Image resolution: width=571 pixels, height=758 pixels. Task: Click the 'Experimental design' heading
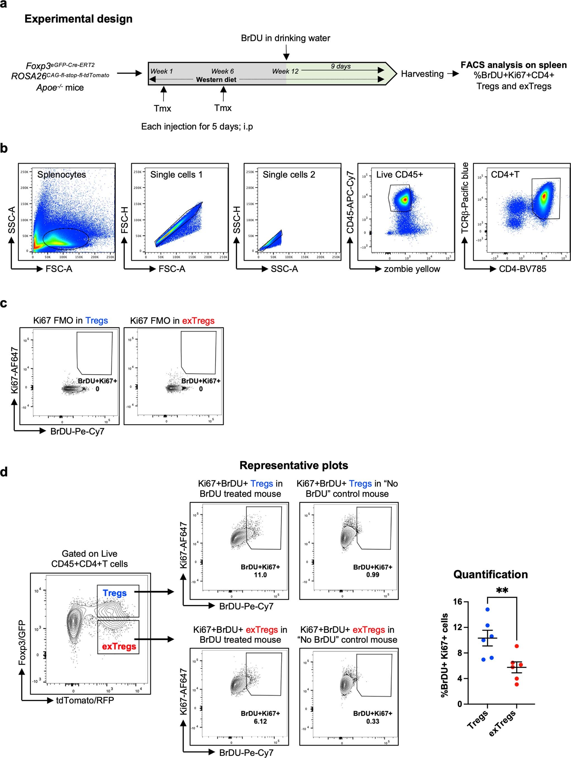coord(78,18)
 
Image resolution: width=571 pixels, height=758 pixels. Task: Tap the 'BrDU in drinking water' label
coord(285,38)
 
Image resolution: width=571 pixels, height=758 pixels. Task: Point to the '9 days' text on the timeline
coord(340,66)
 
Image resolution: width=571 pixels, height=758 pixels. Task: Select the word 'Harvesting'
coord(422,74)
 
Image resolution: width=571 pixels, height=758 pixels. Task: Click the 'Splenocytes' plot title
coord(62,174)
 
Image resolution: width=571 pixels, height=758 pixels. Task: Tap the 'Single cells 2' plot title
coord(289,174)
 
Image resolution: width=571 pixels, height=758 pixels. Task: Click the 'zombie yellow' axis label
coord(412,269)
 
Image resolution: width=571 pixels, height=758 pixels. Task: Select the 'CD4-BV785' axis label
coord(522,269)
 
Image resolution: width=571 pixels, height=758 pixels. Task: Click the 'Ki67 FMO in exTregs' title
coord(172,321)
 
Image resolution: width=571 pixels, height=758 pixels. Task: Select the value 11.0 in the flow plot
coord(260,575)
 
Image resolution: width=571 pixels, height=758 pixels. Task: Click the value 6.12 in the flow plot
coord(260,721)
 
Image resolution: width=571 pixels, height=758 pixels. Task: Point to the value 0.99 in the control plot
coord(372,575)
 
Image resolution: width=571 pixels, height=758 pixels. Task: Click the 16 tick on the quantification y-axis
coord(457,602)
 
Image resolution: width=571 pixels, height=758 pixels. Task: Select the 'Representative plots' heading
coord(294,465)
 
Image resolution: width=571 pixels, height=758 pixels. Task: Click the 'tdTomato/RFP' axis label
coord(85,700)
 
